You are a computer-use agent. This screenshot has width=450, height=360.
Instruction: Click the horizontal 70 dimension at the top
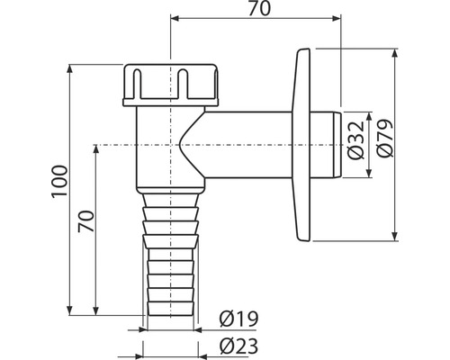pyautogui.click(x=260, y=9)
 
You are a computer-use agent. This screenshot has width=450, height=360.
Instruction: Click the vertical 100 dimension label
pyautogui.click(x=59, y=181)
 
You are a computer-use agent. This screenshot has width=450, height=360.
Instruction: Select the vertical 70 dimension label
pyautogui.click(x=85, y=221)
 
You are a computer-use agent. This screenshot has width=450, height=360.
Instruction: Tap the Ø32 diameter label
pyautogui.click(x=355, y=139)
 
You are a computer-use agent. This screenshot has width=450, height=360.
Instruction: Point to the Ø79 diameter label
pyautogui.click(x=384, y=138)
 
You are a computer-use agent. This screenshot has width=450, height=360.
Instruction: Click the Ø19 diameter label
pyautogui.click(x=238, y=319)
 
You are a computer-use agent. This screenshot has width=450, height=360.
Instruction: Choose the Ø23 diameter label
pyautogui.click(x=238, y=346)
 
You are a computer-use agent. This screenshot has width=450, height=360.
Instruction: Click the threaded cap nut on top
pyautogui.click(x=171, y=85)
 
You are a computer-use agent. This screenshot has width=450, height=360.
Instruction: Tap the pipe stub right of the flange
pyautogui.click(x=326, y=145)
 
